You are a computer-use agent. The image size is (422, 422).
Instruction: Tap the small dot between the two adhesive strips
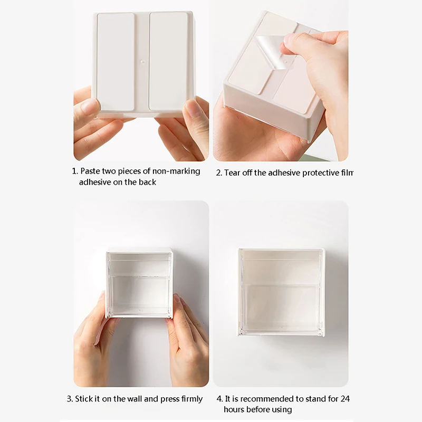[142, 62]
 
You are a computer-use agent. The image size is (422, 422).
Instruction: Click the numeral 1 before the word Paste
[74, 171]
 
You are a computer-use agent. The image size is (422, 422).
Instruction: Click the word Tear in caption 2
[233, 172]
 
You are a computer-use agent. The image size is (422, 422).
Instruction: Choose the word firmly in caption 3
[190, 399]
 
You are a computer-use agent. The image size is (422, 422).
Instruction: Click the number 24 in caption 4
[345, 399]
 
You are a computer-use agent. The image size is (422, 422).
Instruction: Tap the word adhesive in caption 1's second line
[97, 182]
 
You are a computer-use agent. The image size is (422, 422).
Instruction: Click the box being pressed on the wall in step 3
[140, 285]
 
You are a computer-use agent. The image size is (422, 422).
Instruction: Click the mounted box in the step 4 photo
[281, 292]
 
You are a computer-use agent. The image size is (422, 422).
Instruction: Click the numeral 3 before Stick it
[69, 399]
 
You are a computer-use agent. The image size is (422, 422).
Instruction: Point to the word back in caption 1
[148, 182]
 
